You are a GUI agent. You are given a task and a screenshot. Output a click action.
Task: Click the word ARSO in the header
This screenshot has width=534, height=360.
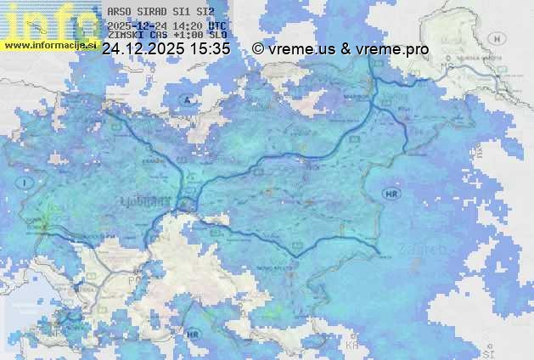(120, 13)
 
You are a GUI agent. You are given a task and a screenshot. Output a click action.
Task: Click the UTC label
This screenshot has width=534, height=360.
(217, 26)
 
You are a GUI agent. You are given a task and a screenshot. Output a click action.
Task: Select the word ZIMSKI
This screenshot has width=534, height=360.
(126, 35)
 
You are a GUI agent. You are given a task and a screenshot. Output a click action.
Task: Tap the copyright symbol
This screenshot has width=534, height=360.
(257, 49)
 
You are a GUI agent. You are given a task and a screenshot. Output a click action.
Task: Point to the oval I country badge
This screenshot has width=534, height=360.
(26, 183)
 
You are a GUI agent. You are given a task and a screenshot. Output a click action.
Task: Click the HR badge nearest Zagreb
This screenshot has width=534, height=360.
(391, 194)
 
